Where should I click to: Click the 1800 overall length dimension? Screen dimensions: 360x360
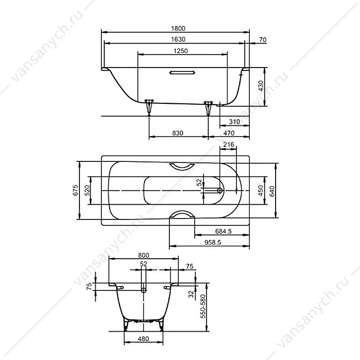tap(178, 28)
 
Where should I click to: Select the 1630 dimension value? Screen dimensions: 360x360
tap(178, 39)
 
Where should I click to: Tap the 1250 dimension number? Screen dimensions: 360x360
tap(181, 51)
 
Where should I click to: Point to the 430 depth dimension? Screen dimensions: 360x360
tap(261, 86)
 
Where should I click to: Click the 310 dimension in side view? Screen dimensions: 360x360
tap(234, 122)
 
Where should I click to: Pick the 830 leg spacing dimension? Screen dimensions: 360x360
tap(178, 133)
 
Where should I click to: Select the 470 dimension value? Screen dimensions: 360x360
tap(229, 133)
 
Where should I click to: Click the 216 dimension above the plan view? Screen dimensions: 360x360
tap(229, 144)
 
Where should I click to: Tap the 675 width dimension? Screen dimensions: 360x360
tap(75, 190)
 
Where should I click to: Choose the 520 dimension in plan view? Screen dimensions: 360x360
tap(87, 190)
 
